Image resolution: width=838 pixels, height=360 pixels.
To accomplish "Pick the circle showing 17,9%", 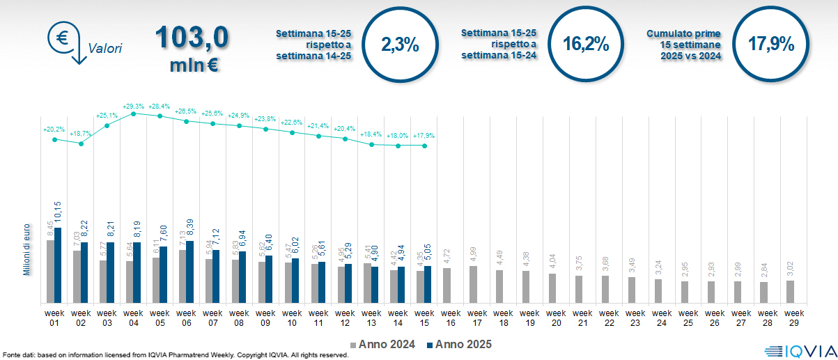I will point(771,45).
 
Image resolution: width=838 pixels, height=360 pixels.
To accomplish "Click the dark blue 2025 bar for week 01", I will point(58,265).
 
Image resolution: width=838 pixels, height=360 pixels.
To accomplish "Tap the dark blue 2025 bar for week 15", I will point(428,284).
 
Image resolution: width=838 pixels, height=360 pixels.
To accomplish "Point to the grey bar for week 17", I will point(474,284).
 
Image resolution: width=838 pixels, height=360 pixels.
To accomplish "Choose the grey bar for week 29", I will point(790,291).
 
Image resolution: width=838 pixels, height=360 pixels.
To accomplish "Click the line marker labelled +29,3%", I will point(133,113).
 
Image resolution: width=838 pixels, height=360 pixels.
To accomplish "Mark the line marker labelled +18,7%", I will point(81,144).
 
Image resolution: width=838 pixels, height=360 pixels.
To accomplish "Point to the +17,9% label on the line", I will point(425,136).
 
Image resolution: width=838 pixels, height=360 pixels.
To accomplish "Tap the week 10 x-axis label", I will point(292,318).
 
